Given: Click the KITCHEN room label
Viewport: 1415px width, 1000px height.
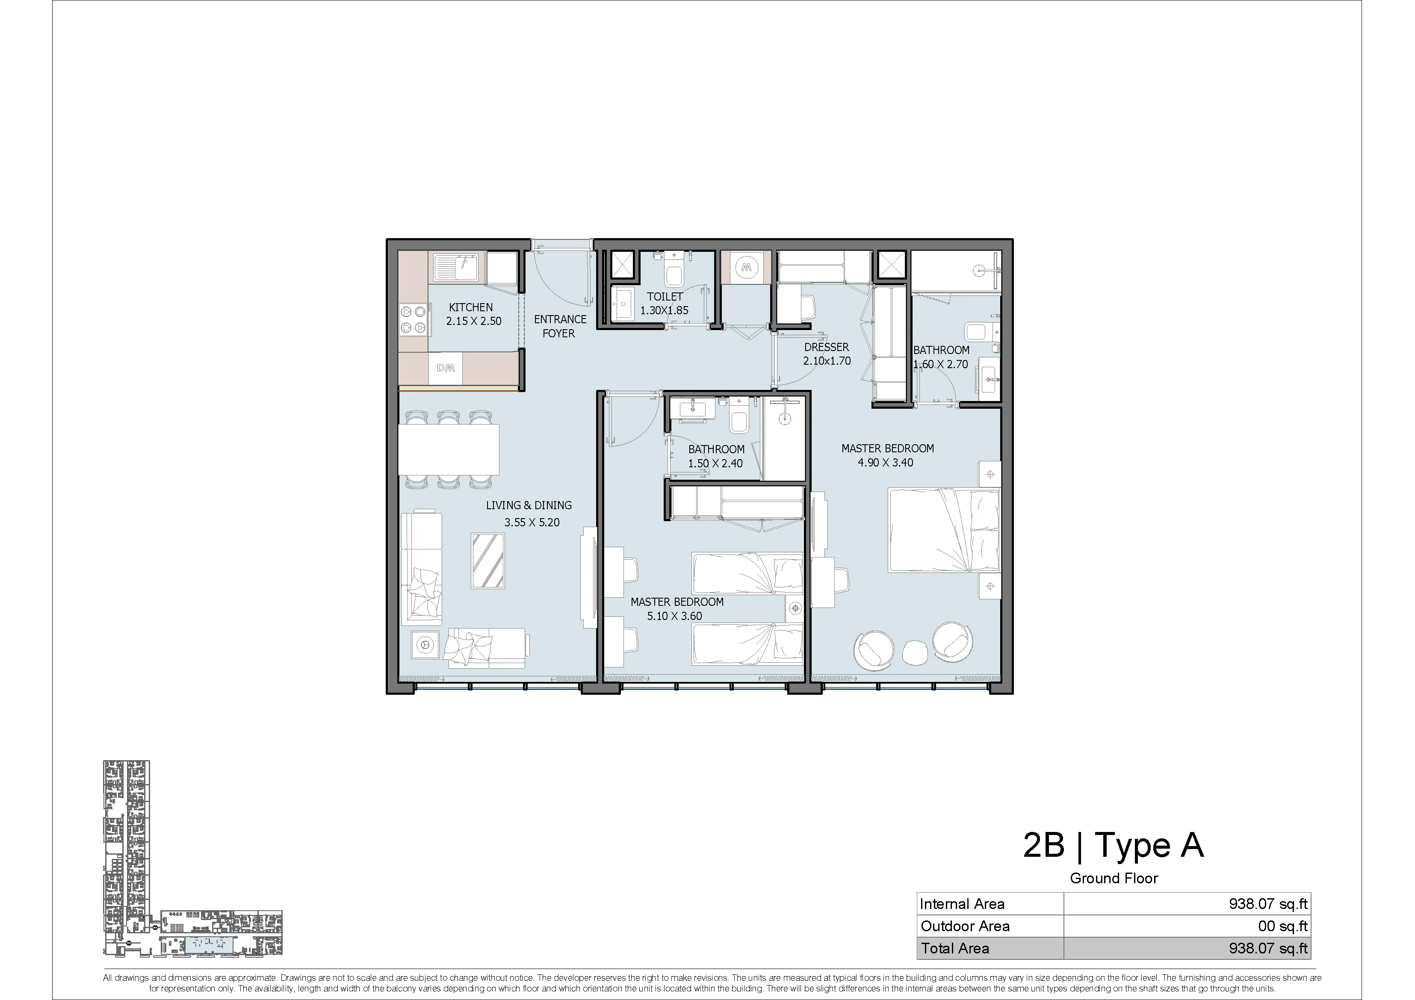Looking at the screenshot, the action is click(x=471, y=307).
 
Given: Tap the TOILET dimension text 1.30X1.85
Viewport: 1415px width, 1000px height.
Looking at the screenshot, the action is click(x=665, y=310).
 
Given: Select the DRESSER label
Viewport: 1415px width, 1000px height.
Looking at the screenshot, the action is click(x=827, y=347).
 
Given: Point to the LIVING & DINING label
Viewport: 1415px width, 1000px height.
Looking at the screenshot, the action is click(x=529, y=505).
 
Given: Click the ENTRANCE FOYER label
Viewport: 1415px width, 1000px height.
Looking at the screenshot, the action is click(x=560, y=326).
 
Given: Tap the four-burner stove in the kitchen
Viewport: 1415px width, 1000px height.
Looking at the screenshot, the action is click(x=414, y=320).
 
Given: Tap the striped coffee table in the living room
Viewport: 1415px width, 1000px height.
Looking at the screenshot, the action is click(x=488, y=560).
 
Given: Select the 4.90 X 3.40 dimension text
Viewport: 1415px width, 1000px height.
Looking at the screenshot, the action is click(x=886, y=463).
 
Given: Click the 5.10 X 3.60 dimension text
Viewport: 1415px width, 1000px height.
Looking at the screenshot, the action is click(x=675, y=616).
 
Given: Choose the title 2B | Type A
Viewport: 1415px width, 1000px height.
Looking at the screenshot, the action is click(x=1113, y=845).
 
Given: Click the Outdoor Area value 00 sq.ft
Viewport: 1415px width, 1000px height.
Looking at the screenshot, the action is click(x=1282, y=926).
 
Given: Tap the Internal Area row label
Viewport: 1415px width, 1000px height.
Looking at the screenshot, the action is click(x=962, y=904).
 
